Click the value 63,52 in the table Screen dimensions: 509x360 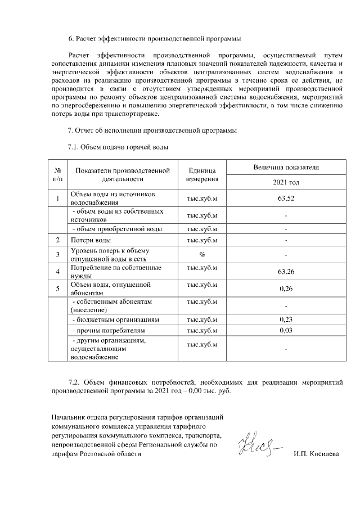point(286,198)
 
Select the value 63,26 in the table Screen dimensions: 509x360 point(286,272)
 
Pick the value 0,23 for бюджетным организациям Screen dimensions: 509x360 point(286,319)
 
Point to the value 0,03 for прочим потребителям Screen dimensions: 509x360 point(286,330)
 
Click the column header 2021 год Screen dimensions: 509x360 point(286,183)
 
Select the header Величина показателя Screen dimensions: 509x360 point(286,168)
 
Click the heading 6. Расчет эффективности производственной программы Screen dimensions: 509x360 point(154,39)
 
